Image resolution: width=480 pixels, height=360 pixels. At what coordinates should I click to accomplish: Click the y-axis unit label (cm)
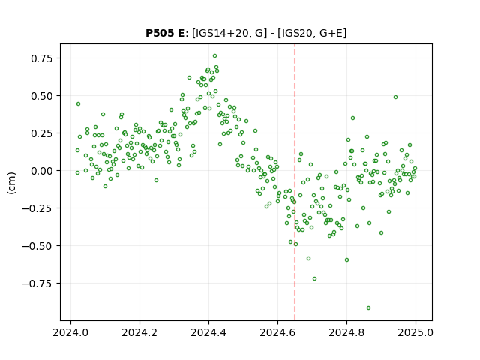point(12,183)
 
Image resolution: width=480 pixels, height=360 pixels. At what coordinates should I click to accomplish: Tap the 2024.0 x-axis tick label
point(70,332)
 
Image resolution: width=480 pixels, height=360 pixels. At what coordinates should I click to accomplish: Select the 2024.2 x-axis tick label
point(139,332)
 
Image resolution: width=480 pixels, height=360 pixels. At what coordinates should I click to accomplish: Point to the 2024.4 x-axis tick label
point(208,332)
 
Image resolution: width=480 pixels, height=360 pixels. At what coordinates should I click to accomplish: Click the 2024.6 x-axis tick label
point(277,332)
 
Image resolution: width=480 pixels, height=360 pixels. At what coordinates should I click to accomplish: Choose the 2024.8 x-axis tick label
point(346,332)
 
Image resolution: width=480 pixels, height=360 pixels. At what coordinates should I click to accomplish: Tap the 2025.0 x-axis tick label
point(415,332)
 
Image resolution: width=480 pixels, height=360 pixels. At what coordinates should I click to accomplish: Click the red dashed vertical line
point(295,182)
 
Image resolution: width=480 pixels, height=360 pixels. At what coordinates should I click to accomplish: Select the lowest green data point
point(368,307)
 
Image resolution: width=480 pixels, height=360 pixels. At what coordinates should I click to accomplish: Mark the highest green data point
point(215,55)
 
